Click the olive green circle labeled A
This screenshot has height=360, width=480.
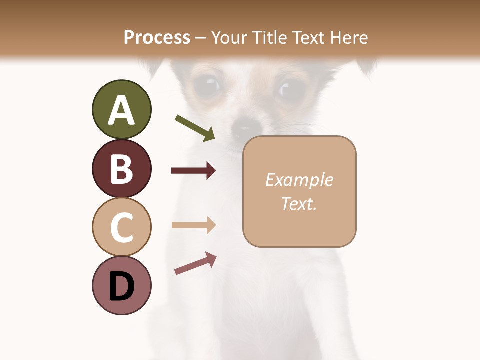[x=121, y=109]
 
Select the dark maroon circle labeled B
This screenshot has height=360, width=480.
[x=121, y=168]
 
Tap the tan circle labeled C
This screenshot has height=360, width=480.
[x=121, y=227]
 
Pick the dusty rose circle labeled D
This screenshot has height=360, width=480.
[x=121, y=285]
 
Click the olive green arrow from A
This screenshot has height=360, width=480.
[x=195, y=128]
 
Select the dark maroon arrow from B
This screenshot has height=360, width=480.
[x=193, y=171]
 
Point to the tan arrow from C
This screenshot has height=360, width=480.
[x=193, y=225]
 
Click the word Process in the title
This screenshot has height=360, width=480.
[x=157, y=37]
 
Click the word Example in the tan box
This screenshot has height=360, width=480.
[x=299, y=180]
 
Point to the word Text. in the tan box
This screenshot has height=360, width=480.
[x=299, y=203]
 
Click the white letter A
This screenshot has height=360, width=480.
[x=121, y=110]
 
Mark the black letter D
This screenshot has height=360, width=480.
[x=121, y=286]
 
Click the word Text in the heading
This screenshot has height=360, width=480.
[x=308, y=37]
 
